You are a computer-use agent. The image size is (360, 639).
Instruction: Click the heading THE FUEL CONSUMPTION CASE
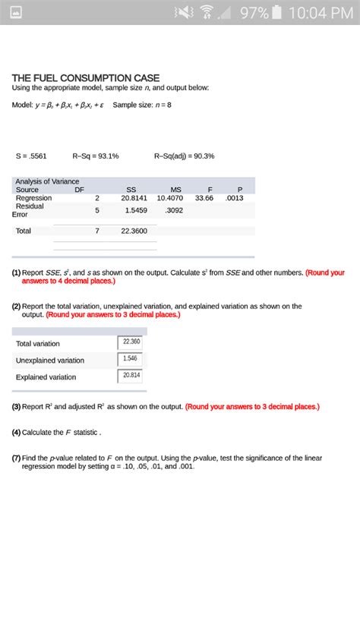coord(85,77)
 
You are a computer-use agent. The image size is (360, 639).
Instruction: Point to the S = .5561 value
coord(32,156)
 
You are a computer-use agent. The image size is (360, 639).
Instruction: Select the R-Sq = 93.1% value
coord(96,156)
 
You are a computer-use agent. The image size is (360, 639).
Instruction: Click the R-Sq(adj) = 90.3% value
coord(184,156)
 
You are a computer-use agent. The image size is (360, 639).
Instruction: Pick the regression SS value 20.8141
coord(134,197)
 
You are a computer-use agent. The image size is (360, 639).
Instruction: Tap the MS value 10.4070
coord(170,197)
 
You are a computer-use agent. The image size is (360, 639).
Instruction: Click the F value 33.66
coord(204,197)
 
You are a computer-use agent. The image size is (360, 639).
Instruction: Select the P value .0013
coord(235,197)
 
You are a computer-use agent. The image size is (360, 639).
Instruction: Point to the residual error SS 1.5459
coord(136,210)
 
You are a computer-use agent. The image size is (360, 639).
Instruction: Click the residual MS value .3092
coord(174,210)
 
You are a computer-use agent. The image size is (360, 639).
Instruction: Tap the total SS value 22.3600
coord(134,231)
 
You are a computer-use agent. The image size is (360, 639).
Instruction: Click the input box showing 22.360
coord(130,342)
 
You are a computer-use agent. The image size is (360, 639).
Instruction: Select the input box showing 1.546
coord(130,358)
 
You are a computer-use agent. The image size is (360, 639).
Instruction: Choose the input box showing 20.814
coord(130,376)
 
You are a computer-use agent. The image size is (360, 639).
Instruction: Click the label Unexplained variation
coord(50,360)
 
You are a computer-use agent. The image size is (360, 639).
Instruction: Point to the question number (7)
coord(16,458)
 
